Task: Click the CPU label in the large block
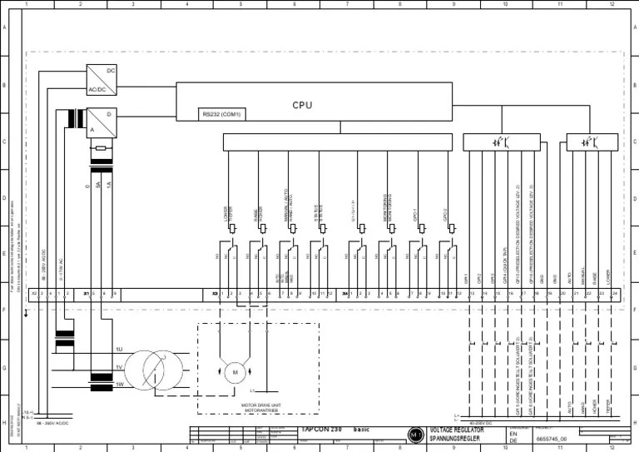302,105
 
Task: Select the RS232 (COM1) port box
221,114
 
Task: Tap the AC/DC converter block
102,80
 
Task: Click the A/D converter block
102,122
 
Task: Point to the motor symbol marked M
235,370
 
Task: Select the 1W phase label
119,384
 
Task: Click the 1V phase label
119,367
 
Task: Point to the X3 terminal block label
215,294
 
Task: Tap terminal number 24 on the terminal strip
614,294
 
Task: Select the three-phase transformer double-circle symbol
159,367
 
